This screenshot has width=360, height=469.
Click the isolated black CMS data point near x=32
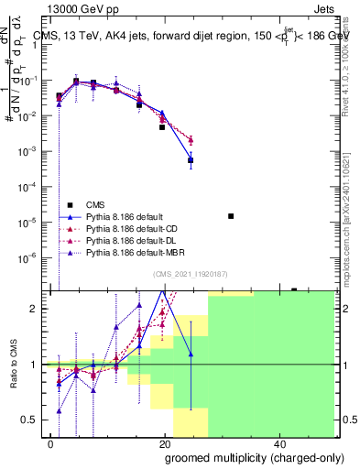pyautogui.click(x=231, y=216)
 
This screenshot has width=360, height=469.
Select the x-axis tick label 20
pyautogui.click(x=164, y=442)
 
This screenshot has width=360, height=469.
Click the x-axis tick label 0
pyautogui.click(x=50, y=442)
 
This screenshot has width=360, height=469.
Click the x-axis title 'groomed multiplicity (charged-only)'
pyautogui.click(x=243, y=457)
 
